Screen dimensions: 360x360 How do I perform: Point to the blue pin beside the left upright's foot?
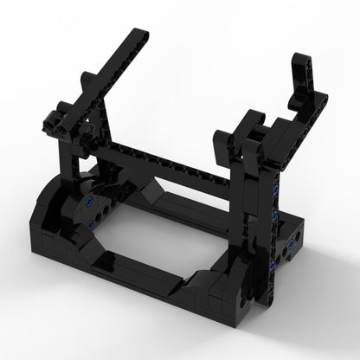128,188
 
